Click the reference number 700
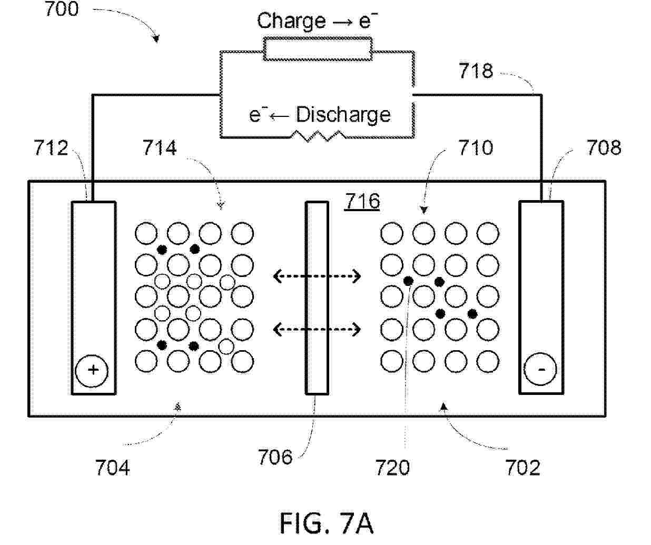tap(62, 9)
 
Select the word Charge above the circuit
tap(291, 21)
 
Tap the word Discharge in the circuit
tap(343, 115)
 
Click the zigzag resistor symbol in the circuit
tap(318, 136)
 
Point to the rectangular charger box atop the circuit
tap(318, 48)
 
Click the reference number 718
tap(476, 71)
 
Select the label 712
tap(51, 148)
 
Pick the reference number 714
tap(160, 147)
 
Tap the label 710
tap(476, 148)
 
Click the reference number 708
tap(604, 148)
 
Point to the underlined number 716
tap(362, 201)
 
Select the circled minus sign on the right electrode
tap(540, 369)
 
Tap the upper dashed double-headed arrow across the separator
tap(317, 276)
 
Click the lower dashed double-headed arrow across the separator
tap(317, 330)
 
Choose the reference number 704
tap(112, 468)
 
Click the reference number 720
tap(392, 468)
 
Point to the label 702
tap(522, 468)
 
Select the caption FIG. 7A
tap(327, 523)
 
